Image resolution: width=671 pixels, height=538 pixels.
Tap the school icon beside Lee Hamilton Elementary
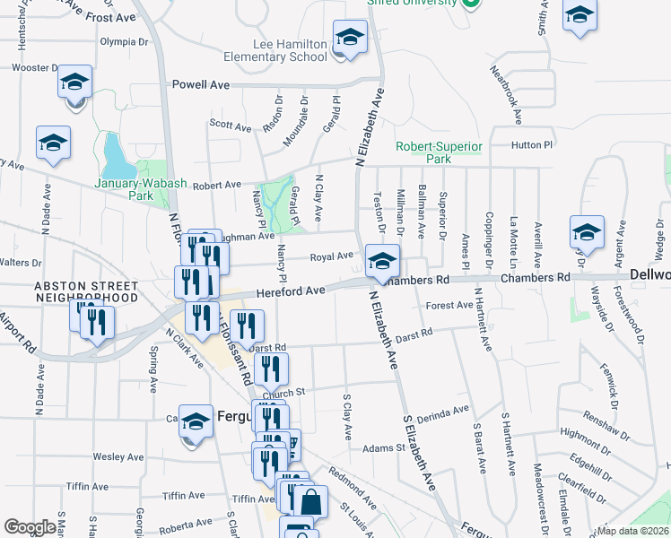point(349,39)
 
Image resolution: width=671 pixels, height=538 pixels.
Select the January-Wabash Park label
point(142,188)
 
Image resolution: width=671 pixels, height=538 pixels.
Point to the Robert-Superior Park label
point(440,152)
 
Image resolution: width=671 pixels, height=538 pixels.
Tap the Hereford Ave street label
point(290,291)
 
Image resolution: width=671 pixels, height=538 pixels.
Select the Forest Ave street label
point(449,306)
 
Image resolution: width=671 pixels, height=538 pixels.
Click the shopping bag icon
point(309,501)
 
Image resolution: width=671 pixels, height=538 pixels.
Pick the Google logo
point(30,527)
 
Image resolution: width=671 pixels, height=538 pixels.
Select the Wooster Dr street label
point(34,67)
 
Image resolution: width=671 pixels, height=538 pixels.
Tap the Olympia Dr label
point(124,41)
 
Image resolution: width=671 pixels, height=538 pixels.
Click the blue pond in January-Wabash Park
point(117,157)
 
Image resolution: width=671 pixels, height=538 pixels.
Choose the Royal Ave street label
point(331,256)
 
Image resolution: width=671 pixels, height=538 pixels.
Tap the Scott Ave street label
point(231,126)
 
